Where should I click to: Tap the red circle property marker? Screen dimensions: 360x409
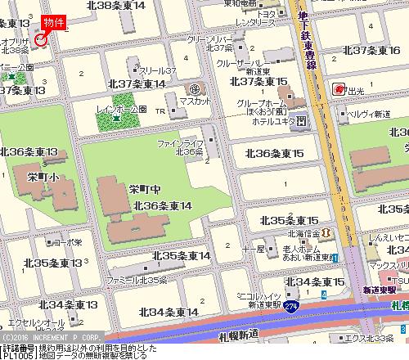click(x=43, y=38)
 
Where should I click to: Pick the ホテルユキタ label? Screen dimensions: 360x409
click(x=272, y=121)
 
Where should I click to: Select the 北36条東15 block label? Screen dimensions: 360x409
click(x=275, y=154)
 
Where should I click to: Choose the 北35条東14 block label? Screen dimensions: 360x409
click(x=182, y=255)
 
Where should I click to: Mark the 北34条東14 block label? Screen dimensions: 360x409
click(x=169, y=312)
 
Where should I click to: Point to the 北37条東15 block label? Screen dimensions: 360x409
click(x=258, y=82)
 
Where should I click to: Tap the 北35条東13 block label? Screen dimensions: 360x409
click(x=53, y=263)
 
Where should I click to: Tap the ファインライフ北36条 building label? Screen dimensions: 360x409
click(x=180, y=147)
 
